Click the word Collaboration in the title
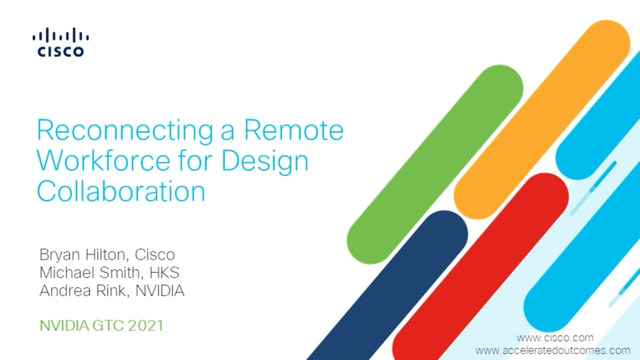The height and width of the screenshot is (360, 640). (x=121, y=191)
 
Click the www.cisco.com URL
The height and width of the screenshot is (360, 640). (x=555, y=338)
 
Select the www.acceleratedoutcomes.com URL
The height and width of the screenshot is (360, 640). (x=553, y=350)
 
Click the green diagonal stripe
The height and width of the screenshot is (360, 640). (x=435, y=165)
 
